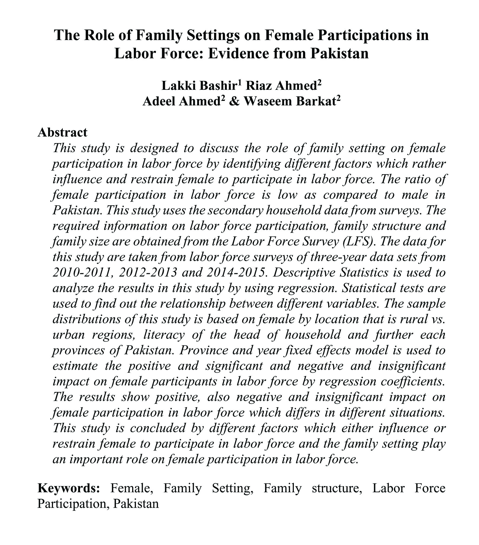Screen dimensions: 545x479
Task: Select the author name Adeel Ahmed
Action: (181, 101)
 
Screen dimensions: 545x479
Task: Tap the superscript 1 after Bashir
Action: (239, 82)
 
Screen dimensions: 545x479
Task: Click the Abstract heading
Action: (62, 133)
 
